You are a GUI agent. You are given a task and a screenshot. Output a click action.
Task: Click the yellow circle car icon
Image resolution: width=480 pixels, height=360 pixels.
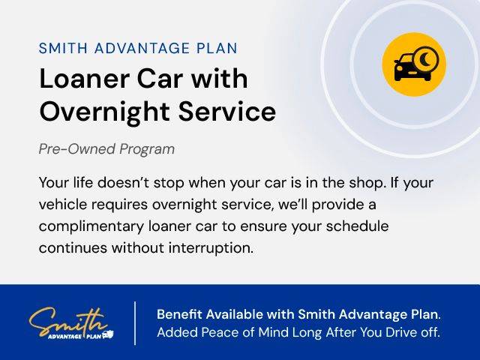tap(414, 64)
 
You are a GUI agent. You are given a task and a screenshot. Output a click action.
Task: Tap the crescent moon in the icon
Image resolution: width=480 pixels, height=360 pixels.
tap(426, 58)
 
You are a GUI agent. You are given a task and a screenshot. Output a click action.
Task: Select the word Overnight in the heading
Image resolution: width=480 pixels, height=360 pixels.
tap(105, 111)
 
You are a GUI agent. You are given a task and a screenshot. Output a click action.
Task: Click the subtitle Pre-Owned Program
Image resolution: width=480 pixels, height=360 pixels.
tap(106, 149)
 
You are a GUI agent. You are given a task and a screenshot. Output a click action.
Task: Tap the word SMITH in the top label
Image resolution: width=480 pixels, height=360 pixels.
tap(63, 48)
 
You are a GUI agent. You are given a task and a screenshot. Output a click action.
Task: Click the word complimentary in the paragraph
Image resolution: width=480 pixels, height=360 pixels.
tap(91, 226)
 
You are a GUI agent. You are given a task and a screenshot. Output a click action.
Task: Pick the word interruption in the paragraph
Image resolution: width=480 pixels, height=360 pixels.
tap(211, 248)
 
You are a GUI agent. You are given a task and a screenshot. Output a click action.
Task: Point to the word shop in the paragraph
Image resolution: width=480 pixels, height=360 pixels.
tap(366, 183)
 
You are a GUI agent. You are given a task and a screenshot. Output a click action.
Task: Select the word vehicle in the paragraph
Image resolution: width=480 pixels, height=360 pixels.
tap(63, 205)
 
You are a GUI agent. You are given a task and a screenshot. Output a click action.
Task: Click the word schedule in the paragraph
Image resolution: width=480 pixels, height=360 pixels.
tap(357, 226)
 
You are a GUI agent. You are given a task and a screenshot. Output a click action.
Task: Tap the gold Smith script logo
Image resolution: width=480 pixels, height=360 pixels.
tap(68, 322)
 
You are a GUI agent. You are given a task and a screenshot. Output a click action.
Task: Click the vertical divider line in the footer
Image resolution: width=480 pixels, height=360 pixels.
tap(135, 323)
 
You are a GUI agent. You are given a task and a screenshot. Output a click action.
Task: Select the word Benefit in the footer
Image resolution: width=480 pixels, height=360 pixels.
tap(179, 314)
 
